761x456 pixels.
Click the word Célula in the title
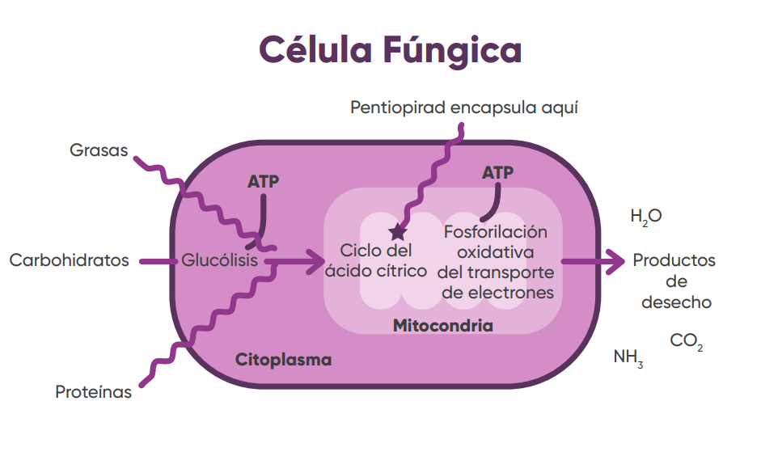pos(311,50)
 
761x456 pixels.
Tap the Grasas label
pos(99,150)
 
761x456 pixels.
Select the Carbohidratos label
pos(70,260)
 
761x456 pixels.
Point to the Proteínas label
pos(93,392)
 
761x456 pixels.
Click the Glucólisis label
pos(220,260)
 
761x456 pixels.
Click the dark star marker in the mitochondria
pos(397,233)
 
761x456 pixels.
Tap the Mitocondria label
pos(443,326)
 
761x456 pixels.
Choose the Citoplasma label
pos(283,360)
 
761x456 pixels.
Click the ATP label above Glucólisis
pos(264,182)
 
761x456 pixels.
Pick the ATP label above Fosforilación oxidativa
pos(497,173)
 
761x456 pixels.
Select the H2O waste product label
pos(646,216)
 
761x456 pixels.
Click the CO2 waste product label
pos(687,342)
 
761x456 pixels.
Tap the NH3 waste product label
pos(628,357)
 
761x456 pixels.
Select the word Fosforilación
pos(495,233)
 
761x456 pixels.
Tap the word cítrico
pos(402,271)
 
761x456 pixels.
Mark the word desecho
pos(676,302)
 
